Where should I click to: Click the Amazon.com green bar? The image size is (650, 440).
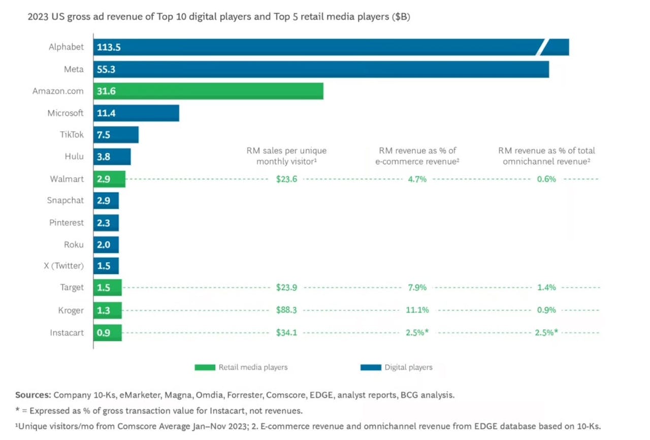click(208, 91)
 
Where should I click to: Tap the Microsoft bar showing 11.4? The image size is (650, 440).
click(136, 113)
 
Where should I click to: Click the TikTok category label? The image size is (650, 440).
click(72, 135)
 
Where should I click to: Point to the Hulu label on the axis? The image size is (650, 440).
click(74, 156)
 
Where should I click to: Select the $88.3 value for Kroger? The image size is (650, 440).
click(286, 310)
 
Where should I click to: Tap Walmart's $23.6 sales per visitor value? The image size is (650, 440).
click(286, 179)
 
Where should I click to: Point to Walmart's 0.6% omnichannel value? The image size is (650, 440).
click(546, 179)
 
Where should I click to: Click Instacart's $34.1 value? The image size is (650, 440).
click(286, 333)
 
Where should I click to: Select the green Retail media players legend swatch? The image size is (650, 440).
click(205, 367)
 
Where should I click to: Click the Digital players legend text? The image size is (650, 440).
click(408, 367)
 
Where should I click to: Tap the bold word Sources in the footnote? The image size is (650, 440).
click(33, 395)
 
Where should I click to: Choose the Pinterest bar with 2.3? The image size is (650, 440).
click(106, 223)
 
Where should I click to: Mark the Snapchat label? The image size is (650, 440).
click(66, 200)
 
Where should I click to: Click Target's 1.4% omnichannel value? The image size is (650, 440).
click(546, 288)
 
